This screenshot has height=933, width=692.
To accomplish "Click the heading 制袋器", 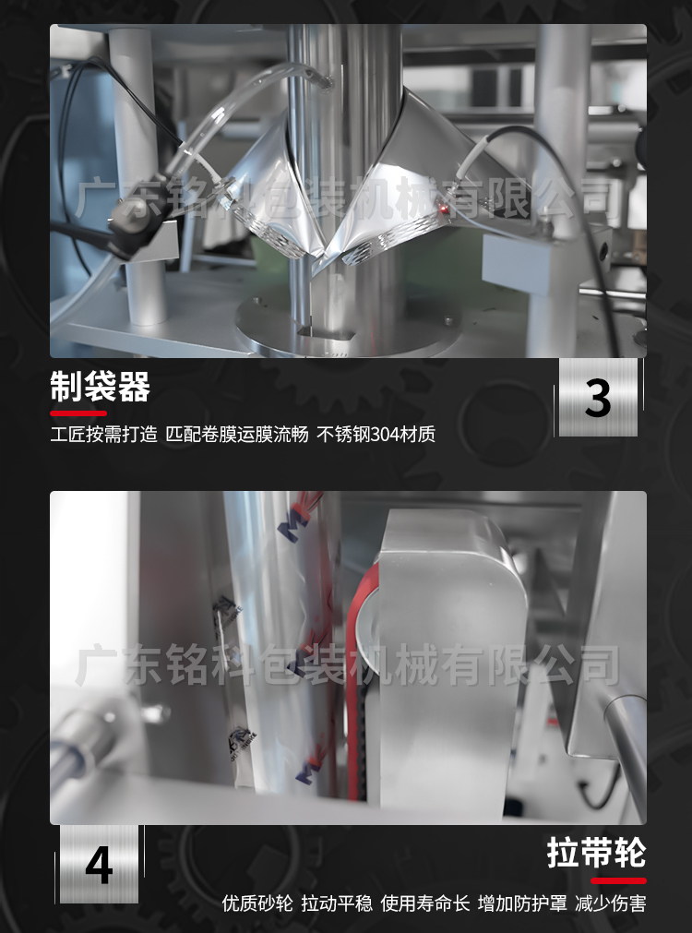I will pyautogui.click(x=100, y=388).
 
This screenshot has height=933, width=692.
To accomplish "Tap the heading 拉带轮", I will pyautogui.click(x=596, y=853).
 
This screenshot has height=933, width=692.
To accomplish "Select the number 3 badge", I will pyautogui.click(x=598, y=398).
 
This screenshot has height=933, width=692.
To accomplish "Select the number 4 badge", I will pyautogui.click(x=99, y=865).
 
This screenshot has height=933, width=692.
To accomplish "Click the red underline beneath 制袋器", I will pyautogui.click(x=78, y=413).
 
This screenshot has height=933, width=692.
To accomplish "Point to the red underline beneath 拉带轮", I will pyautogui.click(x=618, y=880).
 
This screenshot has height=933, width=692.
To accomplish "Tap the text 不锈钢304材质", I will pyautogui.click(x=376, y=434).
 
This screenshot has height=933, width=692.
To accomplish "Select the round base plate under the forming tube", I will pyautogui.click(x=351, y=323).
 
